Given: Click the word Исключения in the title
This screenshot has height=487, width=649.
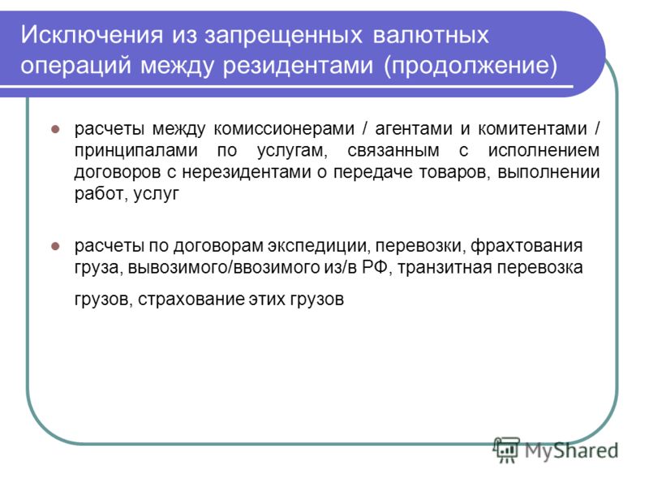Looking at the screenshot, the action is point(92,34).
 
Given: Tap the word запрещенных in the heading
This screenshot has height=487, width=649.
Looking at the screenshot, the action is point(283,36).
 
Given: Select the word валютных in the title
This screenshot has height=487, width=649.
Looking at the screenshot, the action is point(431,34).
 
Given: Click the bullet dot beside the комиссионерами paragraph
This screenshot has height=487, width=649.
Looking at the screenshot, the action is point(55,129).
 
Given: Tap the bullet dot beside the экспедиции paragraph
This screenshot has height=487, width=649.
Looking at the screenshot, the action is point(55,247).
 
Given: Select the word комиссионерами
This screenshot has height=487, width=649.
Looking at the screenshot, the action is point(284,128).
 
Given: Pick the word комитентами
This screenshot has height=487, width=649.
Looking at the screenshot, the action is point(533,128).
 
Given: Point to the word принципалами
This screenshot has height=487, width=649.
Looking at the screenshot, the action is point(136,151).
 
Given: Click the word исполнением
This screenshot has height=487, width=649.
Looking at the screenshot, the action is point(544,150).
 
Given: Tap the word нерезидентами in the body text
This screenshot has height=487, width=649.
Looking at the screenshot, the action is point(247,173).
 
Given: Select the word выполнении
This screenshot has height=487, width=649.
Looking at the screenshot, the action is point(548,172).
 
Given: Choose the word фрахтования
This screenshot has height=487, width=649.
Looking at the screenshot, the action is point(527,247).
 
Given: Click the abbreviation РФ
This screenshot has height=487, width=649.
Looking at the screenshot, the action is point(375,267).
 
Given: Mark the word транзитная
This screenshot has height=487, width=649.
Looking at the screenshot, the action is point(445,268).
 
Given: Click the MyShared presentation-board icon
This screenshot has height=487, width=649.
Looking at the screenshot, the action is point(506,450).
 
